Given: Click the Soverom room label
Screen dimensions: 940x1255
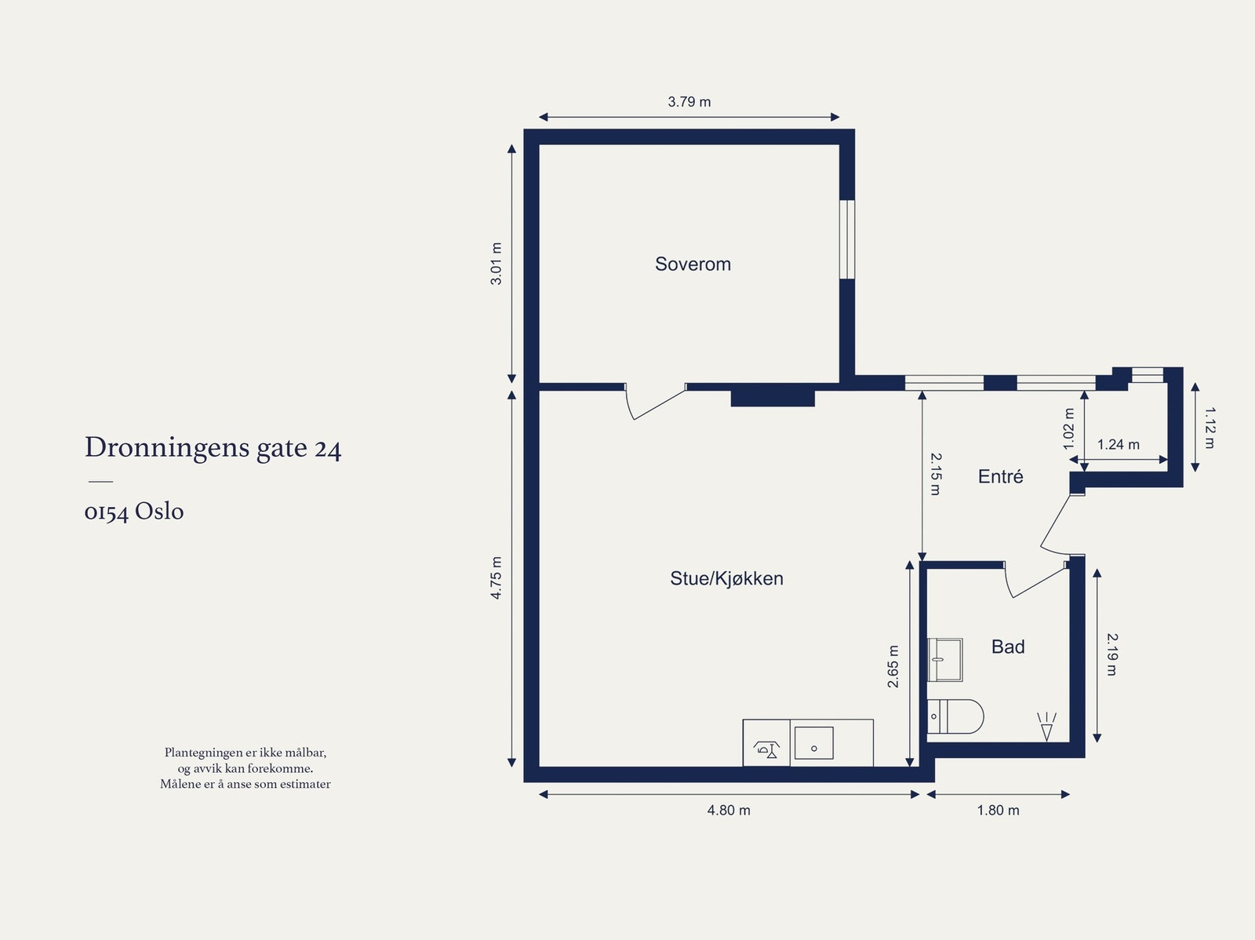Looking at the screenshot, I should click(x=693, y=264).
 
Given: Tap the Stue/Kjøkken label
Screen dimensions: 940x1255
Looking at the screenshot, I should click(x=726, y=579).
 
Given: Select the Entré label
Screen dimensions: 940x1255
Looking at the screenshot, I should click(x=1000, y=477).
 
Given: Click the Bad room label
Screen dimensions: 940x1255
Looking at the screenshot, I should click(x=1008, y=647).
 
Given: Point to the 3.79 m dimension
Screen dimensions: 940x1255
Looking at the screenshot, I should click(x=689, y=102).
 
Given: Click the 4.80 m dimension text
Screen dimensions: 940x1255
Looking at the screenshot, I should click(x=728, y=811).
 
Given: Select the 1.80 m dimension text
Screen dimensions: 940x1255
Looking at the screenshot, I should click(x=998, y=811).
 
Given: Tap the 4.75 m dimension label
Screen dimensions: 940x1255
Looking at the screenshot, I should click(x=497, y=578).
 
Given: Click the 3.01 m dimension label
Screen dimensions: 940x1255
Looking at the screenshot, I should click(x=497, y=264).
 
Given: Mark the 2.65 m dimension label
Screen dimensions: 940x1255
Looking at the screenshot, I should click(x=893, y=667).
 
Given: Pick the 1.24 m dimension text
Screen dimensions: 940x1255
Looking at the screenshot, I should click(x=1118, y=445).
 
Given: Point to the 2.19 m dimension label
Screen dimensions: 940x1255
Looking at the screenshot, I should click(x=1111, y=654).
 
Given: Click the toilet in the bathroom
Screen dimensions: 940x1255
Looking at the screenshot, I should click(x=956, y=716).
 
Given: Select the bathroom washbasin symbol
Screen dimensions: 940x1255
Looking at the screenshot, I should click(x=944, y=659).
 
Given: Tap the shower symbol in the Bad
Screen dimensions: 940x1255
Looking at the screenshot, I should click(x=1046, y=727).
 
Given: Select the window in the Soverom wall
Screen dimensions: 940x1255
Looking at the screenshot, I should click(x=847, y=239).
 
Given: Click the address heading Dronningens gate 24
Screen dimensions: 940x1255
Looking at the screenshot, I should click(x=213, y=448).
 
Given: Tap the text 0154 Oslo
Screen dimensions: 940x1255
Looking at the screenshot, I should click(x=134, y=512).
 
